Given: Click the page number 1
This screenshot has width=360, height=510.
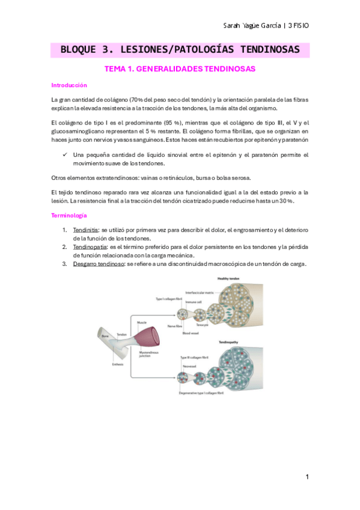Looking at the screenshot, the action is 307,477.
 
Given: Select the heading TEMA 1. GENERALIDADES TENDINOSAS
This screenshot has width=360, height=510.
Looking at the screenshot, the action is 180,69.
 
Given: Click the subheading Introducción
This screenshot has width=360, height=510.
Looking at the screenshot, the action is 69,85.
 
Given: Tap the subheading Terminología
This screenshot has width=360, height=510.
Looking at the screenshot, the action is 69,215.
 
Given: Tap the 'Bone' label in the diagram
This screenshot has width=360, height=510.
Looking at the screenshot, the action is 105,336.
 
